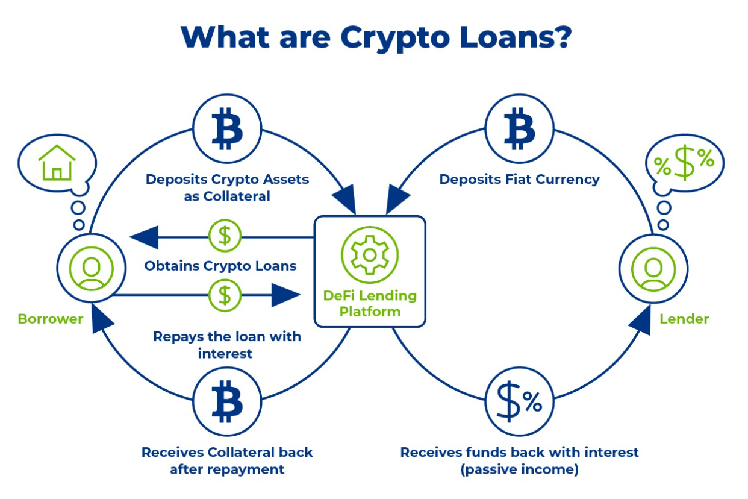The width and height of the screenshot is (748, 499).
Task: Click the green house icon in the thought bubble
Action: click(x=57, y=163)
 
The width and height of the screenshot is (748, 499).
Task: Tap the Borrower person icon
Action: click(x=91, y=269)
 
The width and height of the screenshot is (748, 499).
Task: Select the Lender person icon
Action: click(x=653, y=269)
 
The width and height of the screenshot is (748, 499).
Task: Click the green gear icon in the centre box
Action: click(x=370, y=255)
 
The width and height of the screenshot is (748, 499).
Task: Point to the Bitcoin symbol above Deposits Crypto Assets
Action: click(x=227, y=128)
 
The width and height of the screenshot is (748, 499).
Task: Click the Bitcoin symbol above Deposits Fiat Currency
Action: click(x=519, y=128)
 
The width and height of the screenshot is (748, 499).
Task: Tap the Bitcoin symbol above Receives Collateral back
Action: click(x=227, y=401)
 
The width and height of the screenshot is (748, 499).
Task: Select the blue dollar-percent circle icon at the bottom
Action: click(x=519, y=401)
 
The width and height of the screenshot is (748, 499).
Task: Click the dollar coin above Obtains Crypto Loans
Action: click(x=225, y=236)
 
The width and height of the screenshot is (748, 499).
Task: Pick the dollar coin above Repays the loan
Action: click(x=225, y=295)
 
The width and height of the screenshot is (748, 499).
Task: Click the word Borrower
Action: click(x=51, y=319)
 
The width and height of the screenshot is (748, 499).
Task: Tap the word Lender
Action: click(x=684, y=319)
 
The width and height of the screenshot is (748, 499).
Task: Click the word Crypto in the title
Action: click(x=395, y=38)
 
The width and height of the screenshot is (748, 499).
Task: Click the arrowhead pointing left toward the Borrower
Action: click(x=145, y=237)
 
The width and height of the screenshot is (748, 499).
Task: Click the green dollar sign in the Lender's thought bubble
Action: click(x=684, y=163)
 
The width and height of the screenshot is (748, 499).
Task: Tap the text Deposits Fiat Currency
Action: click(x=519, y=180)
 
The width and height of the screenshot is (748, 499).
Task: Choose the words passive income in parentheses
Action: click(x=519, y=469)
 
